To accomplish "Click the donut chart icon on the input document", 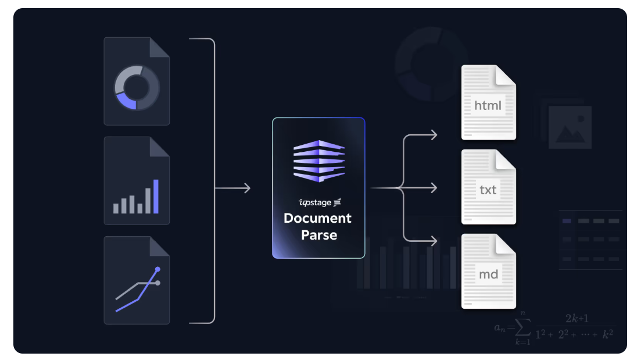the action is [x=137, y=87].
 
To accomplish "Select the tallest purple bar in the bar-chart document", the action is [x=156, y=197].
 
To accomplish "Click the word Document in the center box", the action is [x=317, y=219].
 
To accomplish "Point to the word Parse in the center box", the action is [x=319, y=235].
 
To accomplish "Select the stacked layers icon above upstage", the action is [x=319, y=160].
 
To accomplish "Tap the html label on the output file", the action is [x=488, y=106].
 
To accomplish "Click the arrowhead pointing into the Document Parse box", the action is [x=247, y=188].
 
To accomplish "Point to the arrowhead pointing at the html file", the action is [x=433, y=136].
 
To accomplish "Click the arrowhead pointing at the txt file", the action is [x=433, y=188].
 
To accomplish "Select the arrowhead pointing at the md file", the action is [x=433, y=241].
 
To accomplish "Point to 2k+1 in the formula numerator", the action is [x=577, y=319].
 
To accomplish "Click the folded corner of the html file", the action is [x=506, y=74].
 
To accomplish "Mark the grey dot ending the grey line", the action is [x=158, y=283].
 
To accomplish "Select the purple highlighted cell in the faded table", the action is [x=567, y=221].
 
